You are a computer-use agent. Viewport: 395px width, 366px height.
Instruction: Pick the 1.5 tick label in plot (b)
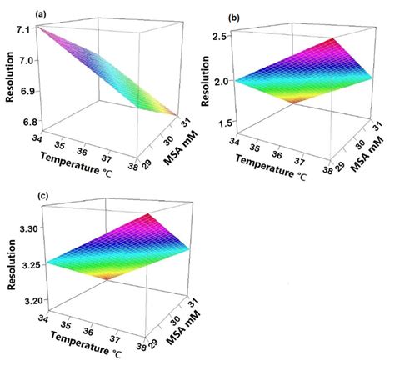[219, 123]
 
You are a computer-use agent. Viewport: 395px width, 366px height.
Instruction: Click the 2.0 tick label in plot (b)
[219, 81]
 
